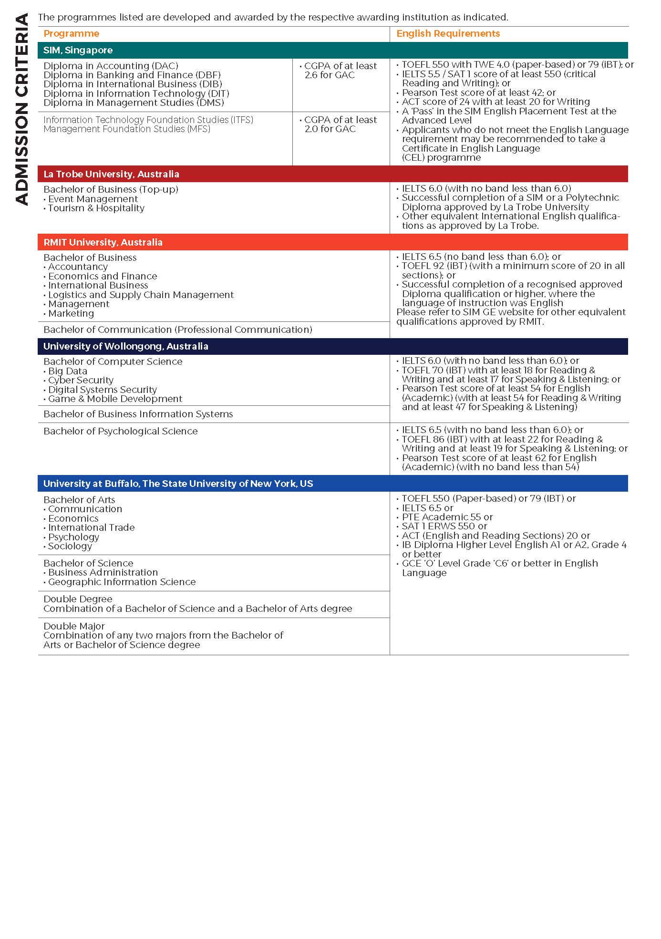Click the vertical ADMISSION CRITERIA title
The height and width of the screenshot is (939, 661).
(x=22, y=110)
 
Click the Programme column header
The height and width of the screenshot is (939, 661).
(x=71, y=33)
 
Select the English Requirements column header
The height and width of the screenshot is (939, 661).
(x=448, y=33)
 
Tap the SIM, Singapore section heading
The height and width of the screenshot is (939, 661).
(x=78, y=50)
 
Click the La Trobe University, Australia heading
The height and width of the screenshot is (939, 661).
(x=111, y=174)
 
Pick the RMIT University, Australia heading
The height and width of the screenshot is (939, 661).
(x=103, y=242)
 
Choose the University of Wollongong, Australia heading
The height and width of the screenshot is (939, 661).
(x=125, y=346)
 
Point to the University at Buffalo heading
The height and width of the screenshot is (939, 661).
(x=178, y=484)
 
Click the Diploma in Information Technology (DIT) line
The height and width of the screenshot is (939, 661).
(x=136, y=93)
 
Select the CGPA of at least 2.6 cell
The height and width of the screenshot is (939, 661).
(x=340, y=70)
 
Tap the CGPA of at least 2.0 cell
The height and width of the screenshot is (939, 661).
(x=340, y=124)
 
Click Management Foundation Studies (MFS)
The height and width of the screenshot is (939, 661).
(x=126, y=129)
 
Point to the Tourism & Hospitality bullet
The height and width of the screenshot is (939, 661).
(x=96, y=208)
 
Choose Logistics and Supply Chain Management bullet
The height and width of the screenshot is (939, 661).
(x=141, y=295)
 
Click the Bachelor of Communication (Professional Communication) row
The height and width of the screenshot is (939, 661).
(x=177, y=330)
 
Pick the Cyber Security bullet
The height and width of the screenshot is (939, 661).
(x=81, y=380)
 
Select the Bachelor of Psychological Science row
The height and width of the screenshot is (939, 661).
(x=120, y=431)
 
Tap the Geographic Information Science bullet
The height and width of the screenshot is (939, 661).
(x=122, y=582)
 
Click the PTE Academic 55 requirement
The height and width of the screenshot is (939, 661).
(x=447, y=517)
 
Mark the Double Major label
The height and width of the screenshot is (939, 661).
(x=74, y=626)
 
